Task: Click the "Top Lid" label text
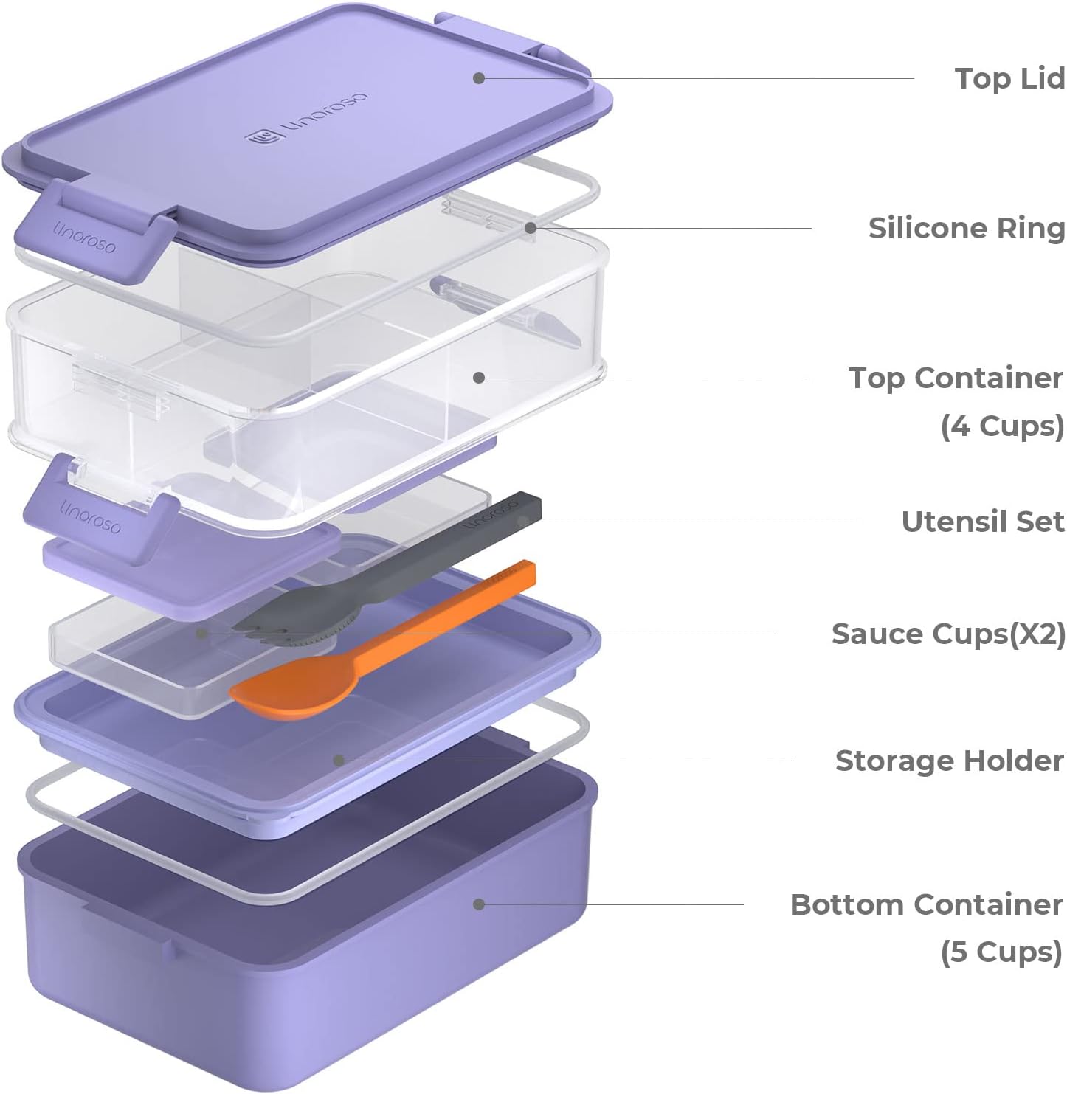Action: [1009, 78]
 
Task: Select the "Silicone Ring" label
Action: [966, 228]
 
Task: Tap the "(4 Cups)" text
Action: [1001, 426]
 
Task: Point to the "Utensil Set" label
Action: [982, 522]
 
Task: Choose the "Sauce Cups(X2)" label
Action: [947, 634]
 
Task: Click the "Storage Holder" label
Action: [949, 761]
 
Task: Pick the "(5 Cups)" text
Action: [1001, 952]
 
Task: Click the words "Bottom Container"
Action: [926, 904]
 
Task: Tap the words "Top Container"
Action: [955, 378]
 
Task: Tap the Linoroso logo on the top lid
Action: [307, 118]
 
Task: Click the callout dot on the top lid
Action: [479, 77]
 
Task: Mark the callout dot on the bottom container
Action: [479, 904]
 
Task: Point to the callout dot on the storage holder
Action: [339, 760]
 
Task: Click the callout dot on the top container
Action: [479, 378]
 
